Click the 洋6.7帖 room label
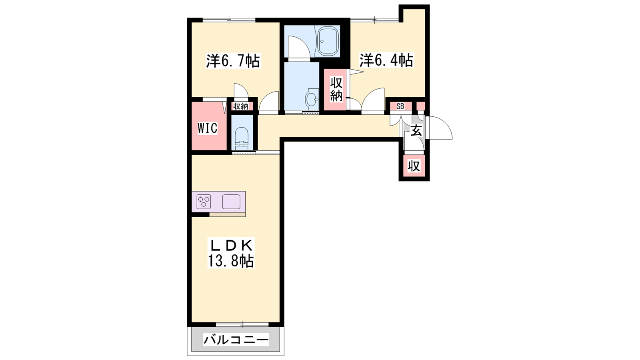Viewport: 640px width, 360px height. (x=233, y=60)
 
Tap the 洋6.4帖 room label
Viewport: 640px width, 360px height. (x=386, y=60)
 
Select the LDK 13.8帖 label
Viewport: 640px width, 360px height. (x=231, y=253)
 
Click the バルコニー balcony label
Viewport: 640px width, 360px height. (x=236, y=340)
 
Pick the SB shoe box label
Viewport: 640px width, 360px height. (x=400, y=106)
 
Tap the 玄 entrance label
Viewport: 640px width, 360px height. (x=416, y=131)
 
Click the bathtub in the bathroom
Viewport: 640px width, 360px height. (x=328, y=41)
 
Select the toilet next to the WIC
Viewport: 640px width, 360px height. (x=242, y=138)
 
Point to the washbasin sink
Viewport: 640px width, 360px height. (x=312, y=98)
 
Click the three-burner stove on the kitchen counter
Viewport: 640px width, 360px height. (x=204, y=202)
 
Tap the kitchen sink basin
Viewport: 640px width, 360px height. (x=231, y=202)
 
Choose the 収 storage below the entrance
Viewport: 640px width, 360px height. (x=414, y=166)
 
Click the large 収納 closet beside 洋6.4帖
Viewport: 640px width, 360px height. (x=334, y=90)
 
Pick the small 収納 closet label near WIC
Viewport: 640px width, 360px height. (x=240, y=106)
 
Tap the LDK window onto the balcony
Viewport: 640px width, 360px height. (x=242, y=324)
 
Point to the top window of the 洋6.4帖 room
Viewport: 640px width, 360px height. (x=374, y=20)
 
